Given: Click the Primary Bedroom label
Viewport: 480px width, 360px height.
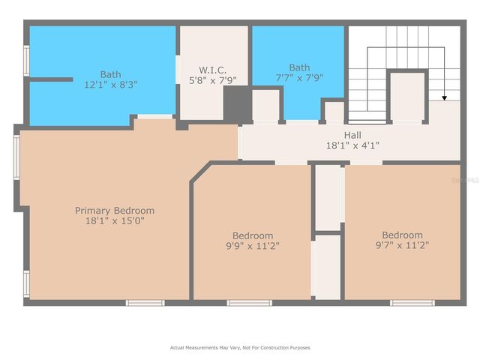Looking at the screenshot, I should [115, 211].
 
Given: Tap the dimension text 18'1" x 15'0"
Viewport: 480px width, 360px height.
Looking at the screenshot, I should [115, 221].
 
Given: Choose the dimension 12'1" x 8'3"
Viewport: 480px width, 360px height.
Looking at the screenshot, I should [110, 85].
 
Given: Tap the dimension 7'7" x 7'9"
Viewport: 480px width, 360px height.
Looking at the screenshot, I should [299, 77].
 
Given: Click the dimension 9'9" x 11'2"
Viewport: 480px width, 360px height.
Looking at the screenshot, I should [252, 245].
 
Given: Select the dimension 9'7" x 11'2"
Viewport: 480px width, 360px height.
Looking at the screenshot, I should [402, 244].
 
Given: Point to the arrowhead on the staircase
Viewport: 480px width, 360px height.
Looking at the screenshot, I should [443, 97].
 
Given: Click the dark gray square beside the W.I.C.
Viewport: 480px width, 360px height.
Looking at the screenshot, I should [236, 103].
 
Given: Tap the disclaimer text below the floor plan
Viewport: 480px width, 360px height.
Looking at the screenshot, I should [240, 347].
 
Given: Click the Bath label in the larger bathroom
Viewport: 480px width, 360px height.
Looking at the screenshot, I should [110, 74].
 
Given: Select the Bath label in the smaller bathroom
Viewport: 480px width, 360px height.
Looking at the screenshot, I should [299, 67].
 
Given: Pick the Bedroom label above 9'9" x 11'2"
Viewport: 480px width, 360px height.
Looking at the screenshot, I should [252, 235].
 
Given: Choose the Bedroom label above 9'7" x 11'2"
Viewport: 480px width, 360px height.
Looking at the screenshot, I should [402, 234].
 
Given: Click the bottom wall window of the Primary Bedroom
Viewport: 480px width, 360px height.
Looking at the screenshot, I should [145, 303].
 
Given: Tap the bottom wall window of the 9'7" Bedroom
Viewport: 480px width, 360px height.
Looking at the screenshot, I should [412, 303].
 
